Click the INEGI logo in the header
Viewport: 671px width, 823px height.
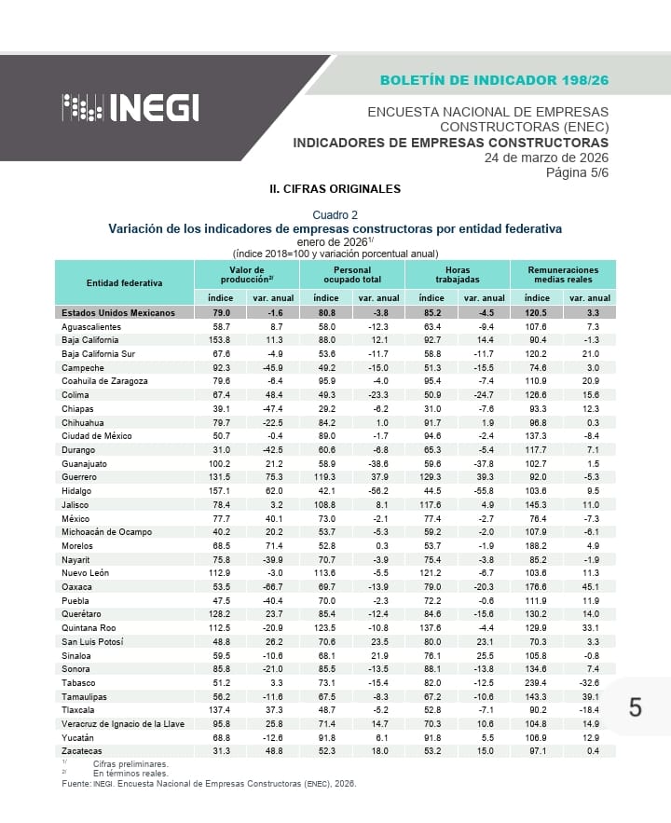click(x=131, y=108)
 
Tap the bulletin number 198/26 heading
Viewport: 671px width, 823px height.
click(x=494, y=79)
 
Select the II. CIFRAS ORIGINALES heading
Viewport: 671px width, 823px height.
click(x=335, y=189)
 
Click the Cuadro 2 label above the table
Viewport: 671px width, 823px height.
click(x=335, y=214)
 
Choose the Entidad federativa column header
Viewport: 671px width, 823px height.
click(x=124, y=282)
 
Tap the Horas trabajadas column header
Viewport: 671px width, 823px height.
click(x=458, y=275)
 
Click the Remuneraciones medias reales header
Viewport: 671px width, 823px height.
click(x=563, y=275)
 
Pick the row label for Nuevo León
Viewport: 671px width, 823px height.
click(x=88, y=572)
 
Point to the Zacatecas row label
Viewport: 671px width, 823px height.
click(x=83, y=751)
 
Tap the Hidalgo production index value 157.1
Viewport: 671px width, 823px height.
click(x=221, y=491)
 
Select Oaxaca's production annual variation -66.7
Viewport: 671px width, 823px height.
click(x=273, y=587)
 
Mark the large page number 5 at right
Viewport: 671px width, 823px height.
click(x=635, y=707)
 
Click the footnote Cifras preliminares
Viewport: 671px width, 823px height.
click(x=130, y=763)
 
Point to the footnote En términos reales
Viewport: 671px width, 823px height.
click(x=130, y=773)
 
